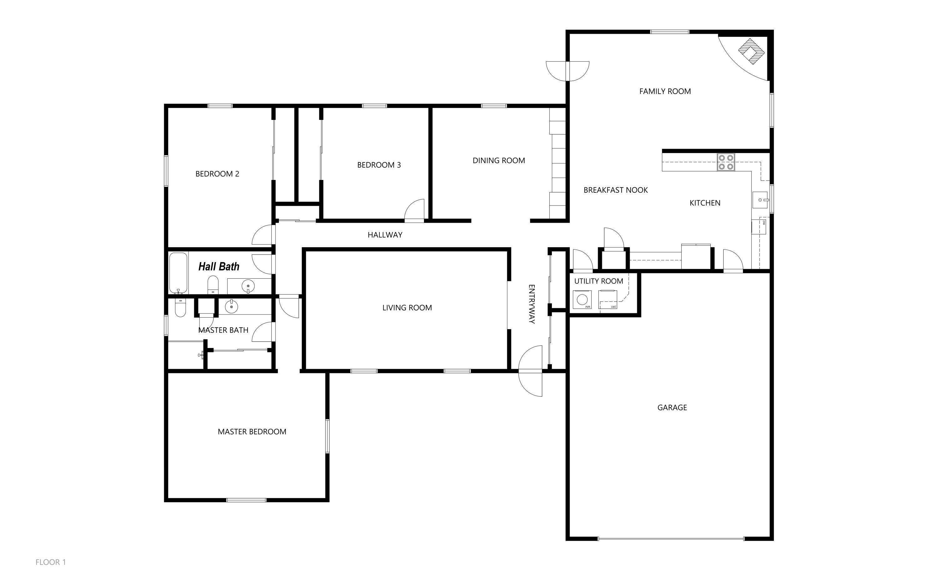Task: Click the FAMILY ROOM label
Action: (665, 91)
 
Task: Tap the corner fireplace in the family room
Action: (751, 52)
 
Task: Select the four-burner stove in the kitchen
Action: (726, 162)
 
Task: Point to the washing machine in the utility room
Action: (582, 300)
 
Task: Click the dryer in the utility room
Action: (608, 300)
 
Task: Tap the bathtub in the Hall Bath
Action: (179, 273)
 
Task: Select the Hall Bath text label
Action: (219, 267)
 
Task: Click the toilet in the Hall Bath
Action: (213, 285)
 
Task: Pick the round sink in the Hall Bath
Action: (248, 286)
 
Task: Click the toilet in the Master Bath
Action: (180, 307)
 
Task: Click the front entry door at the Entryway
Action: (530, 371)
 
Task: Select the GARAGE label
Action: (672, 407)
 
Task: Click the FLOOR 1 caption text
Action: (51, 562)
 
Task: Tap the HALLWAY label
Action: (385, 235)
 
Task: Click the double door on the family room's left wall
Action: (567, 71)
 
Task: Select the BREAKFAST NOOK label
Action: (615, 190)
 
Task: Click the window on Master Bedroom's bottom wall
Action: (246, 500)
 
